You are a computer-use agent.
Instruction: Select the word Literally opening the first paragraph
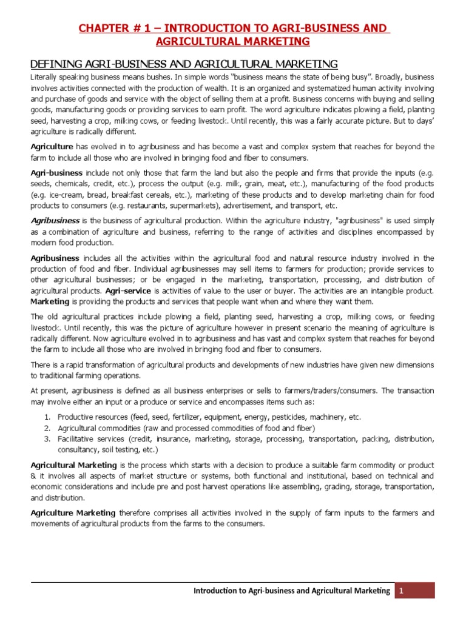pyautogui.click(x=46, y=77)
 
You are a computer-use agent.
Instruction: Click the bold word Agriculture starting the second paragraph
pyautogui.click(x=52, y=147)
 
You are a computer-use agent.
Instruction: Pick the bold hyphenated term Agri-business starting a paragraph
pyautogui.click(x=56, y=173)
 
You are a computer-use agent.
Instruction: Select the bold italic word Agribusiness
pyautogui.click(x=55, y=221)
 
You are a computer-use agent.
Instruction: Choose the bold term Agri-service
pyautogui.click(x=129, y=290)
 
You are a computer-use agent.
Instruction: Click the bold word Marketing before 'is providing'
pyautogui.click(x=50, y=301)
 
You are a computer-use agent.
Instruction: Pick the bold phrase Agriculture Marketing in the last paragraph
pyautogui.click(x=73, y=513)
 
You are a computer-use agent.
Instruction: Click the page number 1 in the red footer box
pyautogui.click(x=401, y=591)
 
